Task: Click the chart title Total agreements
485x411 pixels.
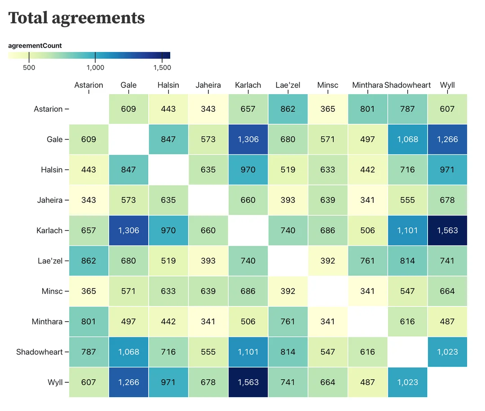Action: (x=77, y=18)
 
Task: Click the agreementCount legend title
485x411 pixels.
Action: (x=35, y=46)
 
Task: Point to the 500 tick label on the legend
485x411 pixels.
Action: (x=29, y=68)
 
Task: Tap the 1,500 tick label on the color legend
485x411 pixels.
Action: (x=162, y=68)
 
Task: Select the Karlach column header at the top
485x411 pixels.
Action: (x=248, y=85)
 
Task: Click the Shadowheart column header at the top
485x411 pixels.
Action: (x=407, y=85)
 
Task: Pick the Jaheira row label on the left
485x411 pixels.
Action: (x=50, y=200)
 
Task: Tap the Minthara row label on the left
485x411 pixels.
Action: (x=48, y=322)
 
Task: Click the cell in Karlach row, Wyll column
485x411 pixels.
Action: (x=447, y=231)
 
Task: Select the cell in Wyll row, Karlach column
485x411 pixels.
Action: (x=248, y=382)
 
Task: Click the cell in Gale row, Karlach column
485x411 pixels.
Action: (x=248, y=140)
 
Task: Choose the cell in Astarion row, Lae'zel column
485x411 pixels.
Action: (x=288, y=109)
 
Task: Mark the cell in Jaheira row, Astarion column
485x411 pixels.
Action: (x=89, y=200)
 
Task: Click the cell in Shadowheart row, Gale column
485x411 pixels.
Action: (x=128, y=352)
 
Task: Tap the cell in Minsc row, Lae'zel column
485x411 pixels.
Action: (x=288, y=291)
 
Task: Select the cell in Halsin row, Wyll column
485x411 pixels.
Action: (x=447, y=170)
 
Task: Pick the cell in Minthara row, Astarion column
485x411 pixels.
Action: (x=89, y=322)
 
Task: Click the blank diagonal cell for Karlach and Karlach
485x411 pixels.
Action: (x=248, y=231)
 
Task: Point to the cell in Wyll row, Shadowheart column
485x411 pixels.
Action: (x=407, y=382)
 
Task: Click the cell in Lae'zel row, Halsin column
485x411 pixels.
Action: (x=168, y=261)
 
